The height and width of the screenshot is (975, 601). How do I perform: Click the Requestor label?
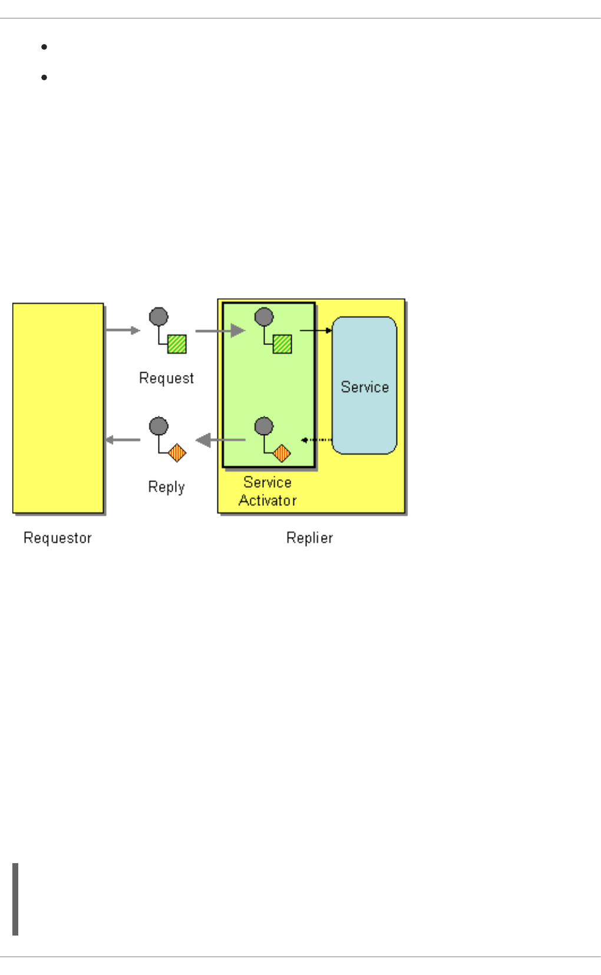click(58, 538)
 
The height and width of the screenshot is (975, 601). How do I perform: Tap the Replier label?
click(309, 538)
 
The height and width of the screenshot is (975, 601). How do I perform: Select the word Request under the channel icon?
click(166, 378)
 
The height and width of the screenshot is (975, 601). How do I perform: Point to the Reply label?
click(166, 487)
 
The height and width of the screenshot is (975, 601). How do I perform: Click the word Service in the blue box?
click(365, 387)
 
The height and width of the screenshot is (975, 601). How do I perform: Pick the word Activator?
click(268, 500)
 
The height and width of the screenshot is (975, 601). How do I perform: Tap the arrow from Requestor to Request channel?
click(123, 330)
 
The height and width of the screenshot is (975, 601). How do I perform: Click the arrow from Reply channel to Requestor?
click(123, 440)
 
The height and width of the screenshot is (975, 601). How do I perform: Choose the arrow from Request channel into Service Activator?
click(220, 331)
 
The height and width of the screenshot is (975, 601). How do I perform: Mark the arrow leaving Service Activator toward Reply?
click(220, 440)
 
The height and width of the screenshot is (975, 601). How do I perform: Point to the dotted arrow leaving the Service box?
click(316, 440)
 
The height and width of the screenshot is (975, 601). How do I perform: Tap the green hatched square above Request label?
click(177, 344)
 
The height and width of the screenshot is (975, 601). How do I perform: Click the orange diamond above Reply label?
click(177, 453)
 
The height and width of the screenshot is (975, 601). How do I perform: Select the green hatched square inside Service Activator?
click(282, 344)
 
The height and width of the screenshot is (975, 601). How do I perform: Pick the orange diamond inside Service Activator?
click(282, 453)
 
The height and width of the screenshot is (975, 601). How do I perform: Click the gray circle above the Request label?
click(158, 317)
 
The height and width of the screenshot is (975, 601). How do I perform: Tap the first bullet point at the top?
click(45, 47)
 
